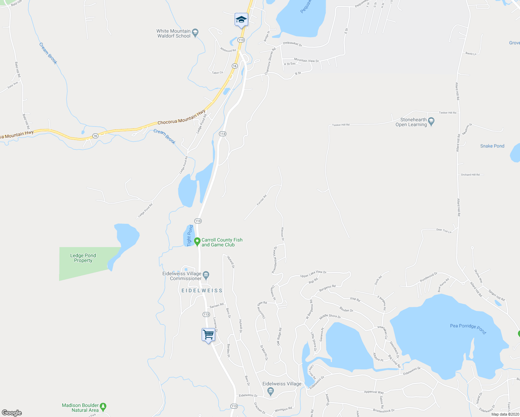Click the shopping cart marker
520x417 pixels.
point(208,335)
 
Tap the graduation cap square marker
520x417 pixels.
point(241,20)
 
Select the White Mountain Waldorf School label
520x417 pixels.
point(173,33)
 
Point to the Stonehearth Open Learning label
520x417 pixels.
point(411,122)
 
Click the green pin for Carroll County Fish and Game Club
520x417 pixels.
point(197,241)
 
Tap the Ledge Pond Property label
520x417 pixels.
point(83,258)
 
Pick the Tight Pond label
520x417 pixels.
point(190,236)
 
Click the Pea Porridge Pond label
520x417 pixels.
point(468,328)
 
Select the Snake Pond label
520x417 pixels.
point(492,146)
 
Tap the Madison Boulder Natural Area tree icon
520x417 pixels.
point(103,406)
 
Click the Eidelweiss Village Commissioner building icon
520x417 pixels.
point(206,276)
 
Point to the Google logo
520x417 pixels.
point(11,413)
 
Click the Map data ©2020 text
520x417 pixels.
point(505,414)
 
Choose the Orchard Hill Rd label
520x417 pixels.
point(470,175)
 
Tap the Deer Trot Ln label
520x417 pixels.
point(444,230)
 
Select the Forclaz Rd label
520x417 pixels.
point(262,200)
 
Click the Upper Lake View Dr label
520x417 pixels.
point(313,274)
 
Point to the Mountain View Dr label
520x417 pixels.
point(306,60)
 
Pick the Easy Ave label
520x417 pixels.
point(13,85)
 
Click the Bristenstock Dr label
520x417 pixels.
point(384,410)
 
